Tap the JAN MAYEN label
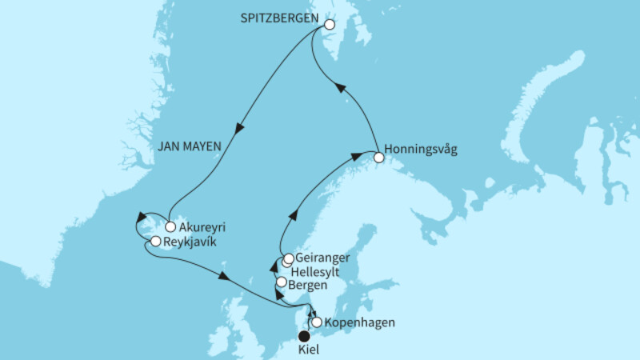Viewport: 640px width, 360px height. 190,146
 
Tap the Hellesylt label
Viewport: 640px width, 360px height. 324,272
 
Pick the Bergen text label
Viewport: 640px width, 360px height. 308,283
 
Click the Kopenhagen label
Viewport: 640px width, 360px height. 360,323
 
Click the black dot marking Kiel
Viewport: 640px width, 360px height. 305,336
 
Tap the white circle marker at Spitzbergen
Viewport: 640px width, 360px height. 329,25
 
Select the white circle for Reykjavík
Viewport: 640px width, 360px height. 156,241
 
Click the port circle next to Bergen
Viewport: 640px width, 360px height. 281,282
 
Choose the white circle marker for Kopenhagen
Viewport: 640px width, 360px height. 317,322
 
